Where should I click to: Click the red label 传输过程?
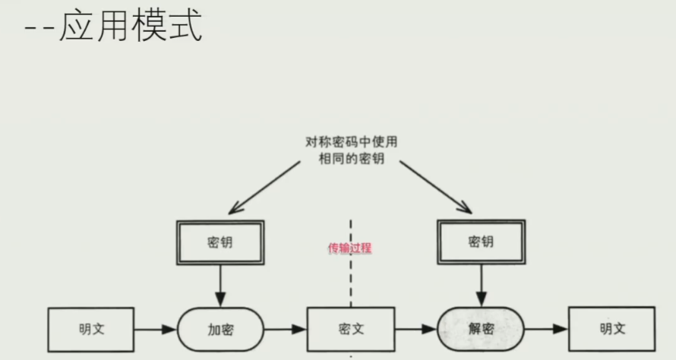(x=349, y=248)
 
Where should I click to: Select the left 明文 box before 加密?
(x=91, y=330)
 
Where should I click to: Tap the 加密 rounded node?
(x=221, y=330)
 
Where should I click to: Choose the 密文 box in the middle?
(x=351, y=330)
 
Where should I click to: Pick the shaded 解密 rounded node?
(x=479, y=330)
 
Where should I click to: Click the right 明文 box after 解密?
(x=611, y=330)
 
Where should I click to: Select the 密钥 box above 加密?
(x=221, y=242)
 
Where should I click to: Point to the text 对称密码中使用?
(x=352, y=142)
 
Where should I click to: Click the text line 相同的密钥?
(x=352, y=158)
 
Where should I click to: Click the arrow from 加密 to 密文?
(x=286, y=330)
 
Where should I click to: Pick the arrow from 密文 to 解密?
(x=415, y=330)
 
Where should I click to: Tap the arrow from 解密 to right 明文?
(x=545, y=330)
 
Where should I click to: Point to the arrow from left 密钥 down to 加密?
(x=221, y=286)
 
